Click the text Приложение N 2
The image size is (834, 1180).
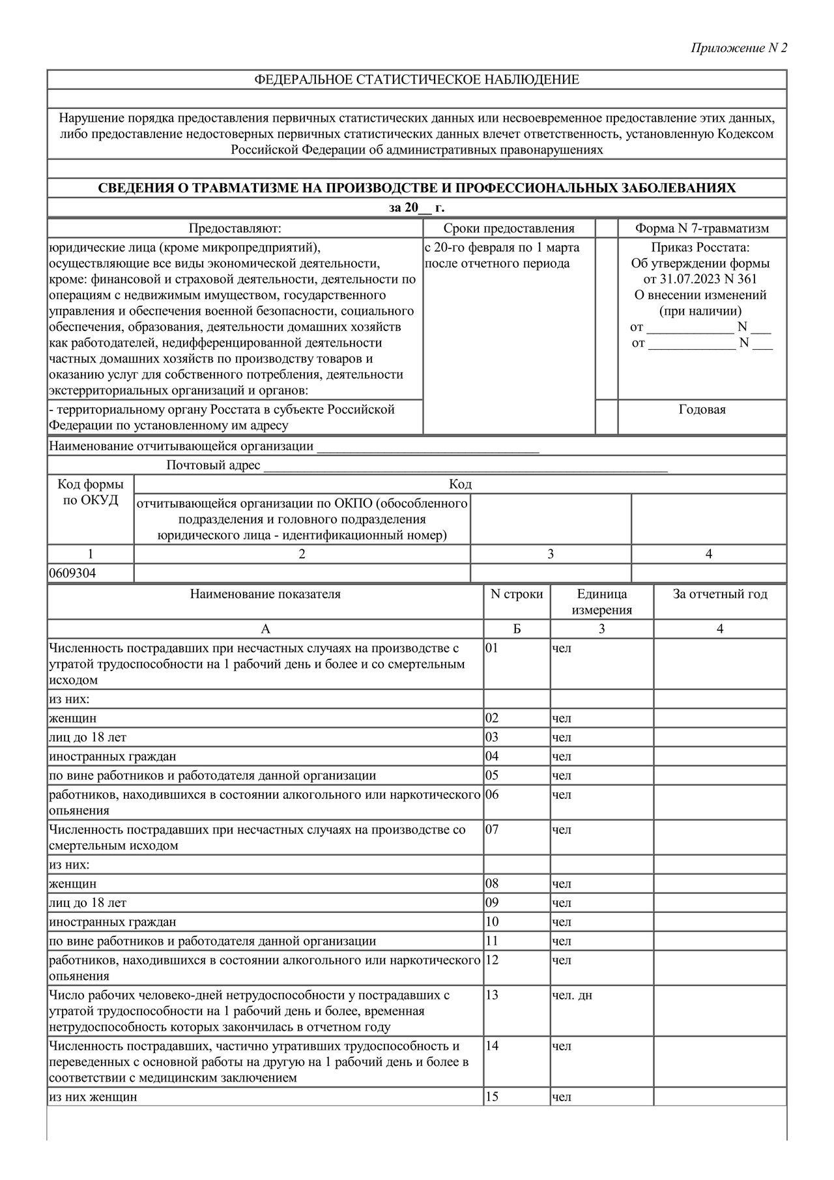click(739, 48)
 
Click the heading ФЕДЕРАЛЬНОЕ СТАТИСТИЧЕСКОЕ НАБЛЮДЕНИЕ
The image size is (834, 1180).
click(416, 79)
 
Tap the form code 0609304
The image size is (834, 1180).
click(72, 573)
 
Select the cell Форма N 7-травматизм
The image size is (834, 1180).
click(702, 229)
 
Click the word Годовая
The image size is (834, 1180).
click(702, 410)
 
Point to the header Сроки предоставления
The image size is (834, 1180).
click(509, 229)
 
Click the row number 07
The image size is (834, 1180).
click(492, 829)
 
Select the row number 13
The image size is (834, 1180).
click(492, 995)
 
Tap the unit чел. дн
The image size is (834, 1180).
click(572, 995)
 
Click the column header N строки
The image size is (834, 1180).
click(516, 594)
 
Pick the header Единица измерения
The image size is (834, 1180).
click(601, 602)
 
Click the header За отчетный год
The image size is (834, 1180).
click(720, 594)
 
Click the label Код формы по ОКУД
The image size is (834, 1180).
click(91, 493)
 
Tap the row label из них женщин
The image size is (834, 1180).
click(93, 1097)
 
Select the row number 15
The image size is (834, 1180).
click(492, 1097)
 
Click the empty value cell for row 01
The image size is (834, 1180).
click(720, 663)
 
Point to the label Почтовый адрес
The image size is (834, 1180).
click(213, 465)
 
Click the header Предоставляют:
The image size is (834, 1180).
click(235, 229)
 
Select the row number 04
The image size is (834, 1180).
click(492, 756)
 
